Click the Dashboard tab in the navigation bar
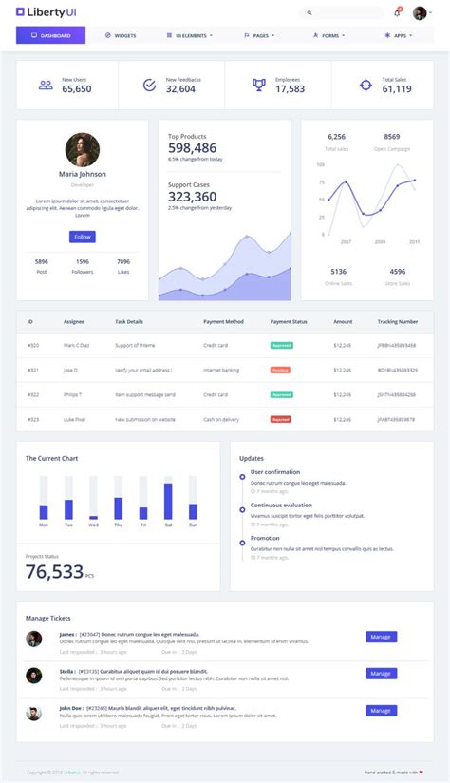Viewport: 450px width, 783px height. tap(50, 35)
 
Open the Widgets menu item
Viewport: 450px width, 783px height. tap(121, 35)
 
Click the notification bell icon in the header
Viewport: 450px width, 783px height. tap(397, 13)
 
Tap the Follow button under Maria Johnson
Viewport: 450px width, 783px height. tap(83, 237)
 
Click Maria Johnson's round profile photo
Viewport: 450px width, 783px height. tap(83, 149)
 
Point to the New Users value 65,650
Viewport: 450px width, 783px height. tap(77, 88)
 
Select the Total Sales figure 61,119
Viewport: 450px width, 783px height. tap(397, 88)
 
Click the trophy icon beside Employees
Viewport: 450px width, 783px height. tap(258, 85)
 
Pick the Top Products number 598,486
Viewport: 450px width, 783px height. tap(193, 148)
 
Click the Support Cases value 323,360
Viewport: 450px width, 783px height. tap(193, 197)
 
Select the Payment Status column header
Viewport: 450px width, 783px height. tap(289, 322)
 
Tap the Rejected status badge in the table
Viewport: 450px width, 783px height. tap(281, 418)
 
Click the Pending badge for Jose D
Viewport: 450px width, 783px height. tap(280, 370)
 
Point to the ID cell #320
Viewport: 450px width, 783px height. tap(32, 345)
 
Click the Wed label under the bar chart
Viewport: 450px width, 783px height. tap(93, 525)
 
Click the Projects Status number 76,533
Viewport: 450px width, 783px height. tap(55, 571)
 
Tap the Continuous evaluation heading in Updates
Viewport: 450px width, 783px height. tap(281, 505)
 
